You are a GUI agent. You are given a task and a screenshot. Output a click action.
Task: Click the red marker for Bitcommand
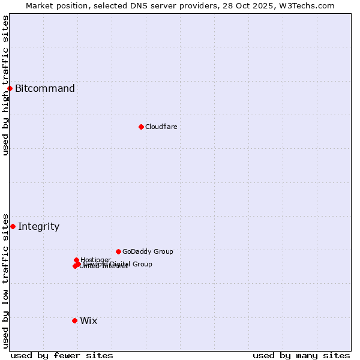pos(10,89)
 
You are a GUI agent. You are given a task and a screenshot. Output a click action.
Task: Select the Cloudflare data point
pos(141,127)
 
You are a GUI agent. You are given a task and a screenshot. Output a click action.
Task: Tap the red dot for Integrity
pos(13,226)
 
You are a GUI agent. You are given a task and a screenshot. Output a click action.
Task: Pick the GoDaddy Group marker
pos(118,251)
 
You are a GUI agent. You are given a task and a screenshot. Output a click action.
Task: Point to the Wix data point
pos(74,320)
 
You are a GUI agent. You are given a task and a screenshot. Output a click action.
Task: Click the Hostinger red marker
pos(76,260)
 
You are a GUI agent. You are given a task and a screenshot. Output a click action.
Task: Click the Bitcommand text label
pos(45,89)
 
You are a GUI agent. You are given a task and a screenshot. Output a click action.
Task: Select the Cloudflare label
pos(161,127)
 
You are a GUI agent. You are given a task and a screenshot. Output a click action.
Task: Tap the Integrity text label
pos(39,226)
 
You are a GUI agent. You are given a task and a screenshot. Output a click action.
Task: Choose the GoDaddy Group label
pos(148,251)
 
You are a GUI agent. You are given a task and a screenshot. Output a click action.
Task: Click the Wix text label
pos(89,320)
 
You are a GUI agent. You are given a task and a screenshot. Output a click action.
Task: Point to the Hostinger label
pos(95,259)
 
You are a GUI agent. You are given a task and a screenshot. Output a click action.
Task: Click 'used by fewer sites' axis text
pos(62,355)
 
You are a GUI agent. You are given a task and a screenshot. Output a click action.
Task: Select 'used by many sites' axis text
pos(301,355)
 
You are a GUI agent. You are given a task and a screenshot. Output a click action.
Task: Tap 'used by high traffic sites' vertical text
pos(5,85)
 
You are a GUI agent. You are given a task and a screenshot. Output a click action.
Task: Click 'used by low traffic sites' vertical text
pos(5,280)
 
